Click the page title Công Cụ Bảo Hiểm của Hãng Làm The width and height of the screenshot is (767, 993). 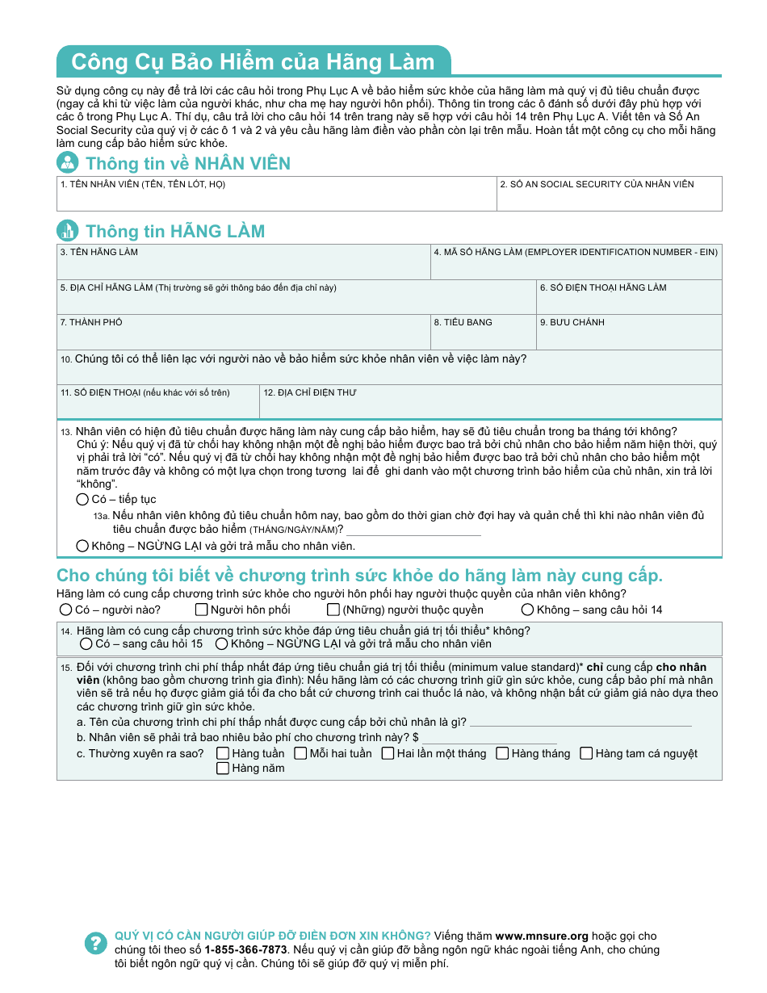click(x=252, y=62)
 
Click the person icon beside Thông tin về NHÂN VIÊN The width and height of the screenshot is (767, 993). click(x=68, y=162)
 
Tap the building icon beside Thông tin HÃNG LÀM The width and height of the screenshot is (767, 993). click(x=68, y=231)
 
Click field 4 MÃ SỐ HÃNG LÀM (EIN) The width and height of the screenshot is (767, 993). click(x=576, y=267)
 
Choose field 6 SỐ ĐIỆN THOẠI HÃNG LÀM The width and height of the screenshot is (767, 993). click(x=629, y=302)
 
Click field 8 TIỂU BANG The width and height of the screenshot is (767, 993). click(x=483, y=337)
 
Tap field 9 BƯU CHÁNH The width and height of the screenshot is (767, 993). click(x=629, y=337)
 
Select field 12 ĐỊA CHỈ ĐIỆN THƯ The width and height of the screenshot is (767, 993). click(x=490, y=405)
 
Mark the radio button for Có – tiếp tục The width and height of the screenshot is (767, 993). click(x=82, y=500)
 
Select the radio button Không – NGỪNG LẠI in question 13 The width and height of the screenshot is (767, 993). click(x=82, y=546)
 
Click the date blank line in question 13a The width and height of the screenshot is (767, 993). click(x=413, y=530)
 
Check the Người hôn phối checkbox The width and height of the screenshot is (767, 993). click(x=202, y=610)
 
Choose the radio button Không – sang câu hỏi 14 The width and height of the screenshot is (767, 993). click(x=527, y=610)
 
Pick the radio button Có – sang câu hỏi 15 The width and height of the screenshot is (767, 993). click(x=86, y=644)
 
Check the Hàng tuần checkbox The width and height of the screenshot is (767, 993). click(x=223, y=753)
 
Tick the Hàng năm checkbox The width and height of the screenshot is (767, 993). click(x=223, y=769)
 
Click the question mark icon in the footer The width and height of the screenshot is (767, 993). click(x=95, y=943)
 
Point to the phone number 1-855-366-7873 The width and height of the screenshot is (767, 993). click(x=245, y=949)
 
